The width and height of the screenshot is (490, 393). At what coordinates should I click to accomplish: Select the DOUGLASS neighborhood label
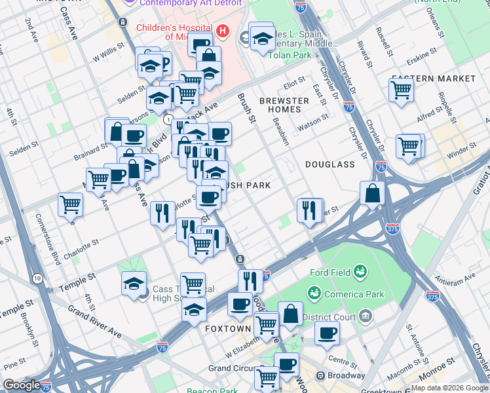pyautogui.click(x=329, y=164)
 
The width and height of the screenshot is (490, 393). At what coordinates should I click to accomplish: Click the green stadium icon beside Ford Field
pyautogui.click(x=359, y=271)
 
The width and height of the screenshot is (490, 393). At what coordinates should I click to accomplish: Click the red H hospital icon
pyautogui.click(x=223, y=31)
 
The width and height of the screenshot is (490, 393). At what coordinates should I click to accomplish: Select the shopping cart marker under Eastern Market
pyautogui.click(x=400, y=91)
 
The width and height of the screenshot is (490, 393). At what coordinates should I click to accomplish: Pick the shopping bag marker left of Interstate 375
pyautogui.click(x=371, y=194)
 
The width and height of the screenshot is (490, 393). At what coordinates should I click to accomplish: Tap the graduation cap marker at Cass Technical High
pyautogui.click(x=134, y=284)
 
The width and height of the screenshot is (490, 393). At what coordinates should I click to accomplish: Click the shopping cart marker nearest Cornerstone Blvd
pyautogui.click(x=70, y=204)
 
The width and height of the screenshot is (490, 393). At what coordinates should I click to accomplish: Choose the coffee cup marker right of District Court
pyautogui.click(x=326, y=332)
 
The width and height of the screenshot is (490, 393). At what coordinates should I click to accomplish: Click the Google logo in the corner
pyautogui.click(x=22, y=385)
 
